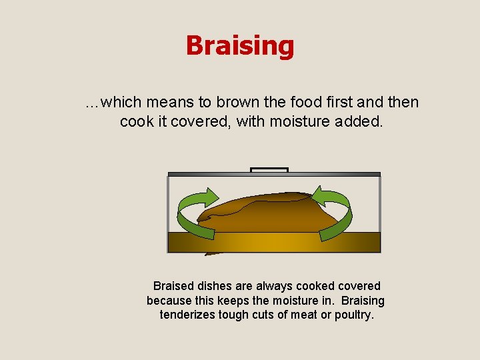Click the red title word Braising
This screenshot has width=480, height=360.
click(239, 46)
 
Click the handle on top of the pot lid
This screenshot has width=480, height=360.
click(269, 169)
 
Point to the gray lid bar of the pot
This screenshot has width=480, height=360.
click(273, 174)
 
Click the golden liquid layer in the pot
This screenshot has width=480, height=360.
click(273, 242)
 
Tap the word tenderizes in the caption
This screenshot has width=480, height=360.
click(188, 315)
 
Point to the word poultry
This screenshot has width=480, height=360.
click(354, 315)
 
